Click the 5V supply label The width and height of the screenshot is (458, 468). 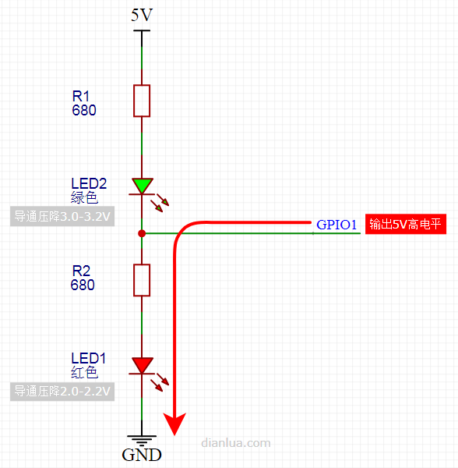(142, 15)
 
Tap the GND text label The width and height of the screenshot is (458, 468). (142, 456)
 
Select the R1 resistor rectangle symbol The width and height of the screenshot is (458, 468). (142, 101)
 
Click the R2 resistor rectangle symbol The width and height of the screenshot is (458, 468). (142, 280)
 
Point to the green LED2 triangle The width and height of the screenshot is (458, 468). (143, 186)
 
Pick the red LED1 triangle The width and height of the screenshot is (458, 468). (143, 365)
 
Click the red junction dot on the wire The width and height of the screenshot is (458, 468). (142, 233)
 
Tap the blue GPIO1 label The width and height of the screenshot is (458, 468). (336, 225)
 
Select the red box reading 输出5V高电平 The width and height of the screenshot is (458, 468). (406, 224)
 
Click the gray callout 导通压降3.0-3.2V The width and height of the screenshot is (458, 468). (62, 216)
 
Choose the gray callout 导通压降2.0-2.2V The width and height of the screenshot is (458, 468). (62, 391)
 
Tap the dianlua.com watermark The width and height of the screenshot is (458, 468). (236, 443)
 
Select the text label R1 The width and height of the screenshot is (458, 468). (81, 97)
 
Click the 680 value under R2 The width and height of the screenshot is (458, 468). (83, 285)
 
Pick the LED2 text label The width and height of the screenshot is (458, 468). (89, 183)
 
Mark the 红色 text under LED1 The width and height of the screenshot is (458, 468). (84, 372)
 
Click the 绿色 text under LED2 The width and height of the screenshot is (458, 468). (84, 197)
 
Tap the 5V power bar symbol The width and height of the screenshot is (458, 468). (142, 30)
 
